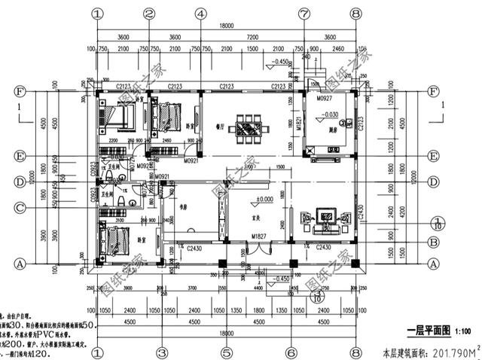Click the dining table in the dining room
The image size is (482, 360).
[248, 125]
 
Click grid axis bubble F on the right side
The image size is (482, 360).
[434, 92]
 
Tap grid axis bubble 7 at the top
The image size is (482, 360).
[304, 14]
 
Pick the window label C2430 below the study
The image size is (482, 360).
[196, 247]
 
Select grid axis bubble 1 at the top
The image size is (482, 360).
[98, 14]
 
